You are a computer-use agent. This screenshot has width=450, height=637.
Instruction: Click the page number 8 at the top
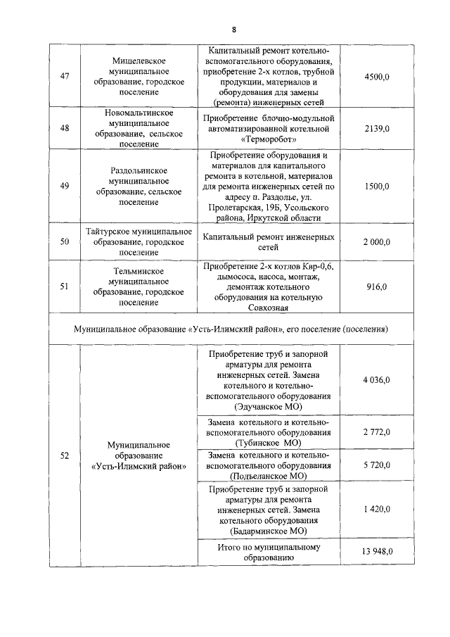(x=233, y=29)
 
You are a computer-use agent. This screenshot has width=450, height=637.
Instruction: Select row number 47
(x=65, y=76)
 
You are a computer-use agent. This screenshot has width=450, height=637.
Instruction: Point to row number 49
(x=65, y=186)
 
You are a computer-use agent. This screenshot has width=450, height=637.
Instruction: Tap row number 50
(x=65, y=242)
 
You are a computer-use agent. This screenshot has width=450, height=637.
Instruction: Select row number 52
(x=65, y=455)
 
